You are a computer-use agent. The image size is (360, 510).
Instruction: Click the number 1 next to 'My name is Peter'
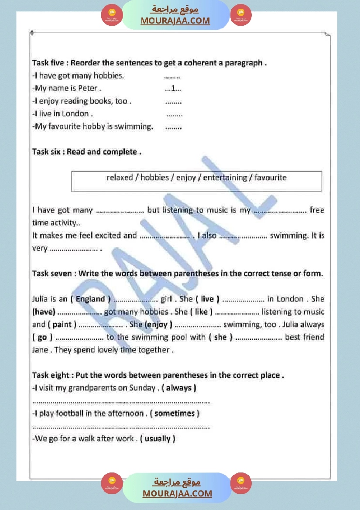173,89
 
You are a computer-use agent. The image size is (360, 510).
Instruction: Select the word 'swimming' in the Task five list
137,127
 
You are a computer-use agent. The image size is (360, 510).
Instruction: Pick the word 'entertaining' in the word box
225,178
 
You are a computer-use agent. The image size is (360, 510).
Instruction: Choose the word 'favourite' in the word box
271,178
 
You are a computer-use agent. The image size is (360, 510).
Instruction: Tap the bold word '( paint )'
62,325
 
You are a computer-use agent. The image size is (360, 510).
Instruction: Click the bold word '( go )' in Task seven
42,337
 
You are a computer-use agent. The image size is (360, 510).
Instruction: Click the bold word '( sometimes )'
175,413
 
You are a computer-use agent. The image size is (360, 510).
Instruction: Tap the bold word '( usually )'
158,438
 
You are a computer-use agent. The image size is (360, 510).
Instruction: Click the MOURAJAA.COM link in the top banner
175,21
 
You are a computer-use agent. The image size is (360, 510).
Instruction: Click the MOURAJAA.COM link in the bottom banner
177,493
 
